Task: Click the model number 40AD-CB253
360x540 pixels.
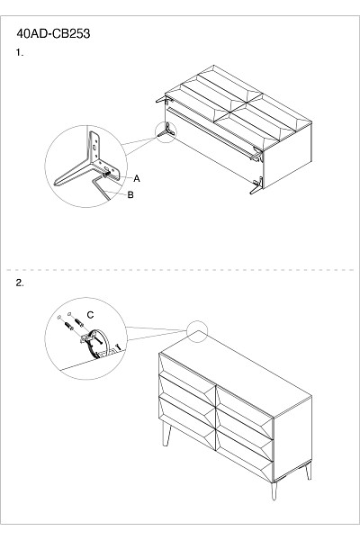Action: click(53, 34)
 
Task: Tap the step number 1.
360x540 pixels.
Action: click(19, 53)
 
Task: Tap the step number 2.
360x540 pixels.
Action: click(20, 283)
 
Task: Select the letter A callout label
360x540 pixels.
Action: click(137, 178)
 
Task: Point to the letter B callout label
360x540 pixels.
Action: click(130, 194)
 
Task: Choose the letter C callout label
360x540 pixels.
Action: click(90, 315)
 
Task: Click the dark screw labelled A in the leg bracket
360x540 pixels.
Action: click(106, 175)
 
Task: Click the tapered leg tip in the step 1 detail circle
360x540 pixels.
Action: click(58, 183)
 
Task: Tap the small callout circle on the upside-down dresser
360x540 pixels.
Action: click(166, 132)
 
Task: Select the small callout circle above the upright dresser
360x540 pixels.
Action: click(197, 331)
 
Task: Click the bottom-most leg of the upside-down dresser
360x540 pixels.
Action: click(256, 185)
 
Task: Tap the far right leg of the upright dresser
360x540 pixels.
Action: click(309, 471)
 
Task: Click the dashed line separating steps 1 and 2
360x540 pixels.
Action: click(180, 270)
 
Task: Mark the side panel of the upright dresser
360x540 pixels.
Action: click(292, 439)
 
